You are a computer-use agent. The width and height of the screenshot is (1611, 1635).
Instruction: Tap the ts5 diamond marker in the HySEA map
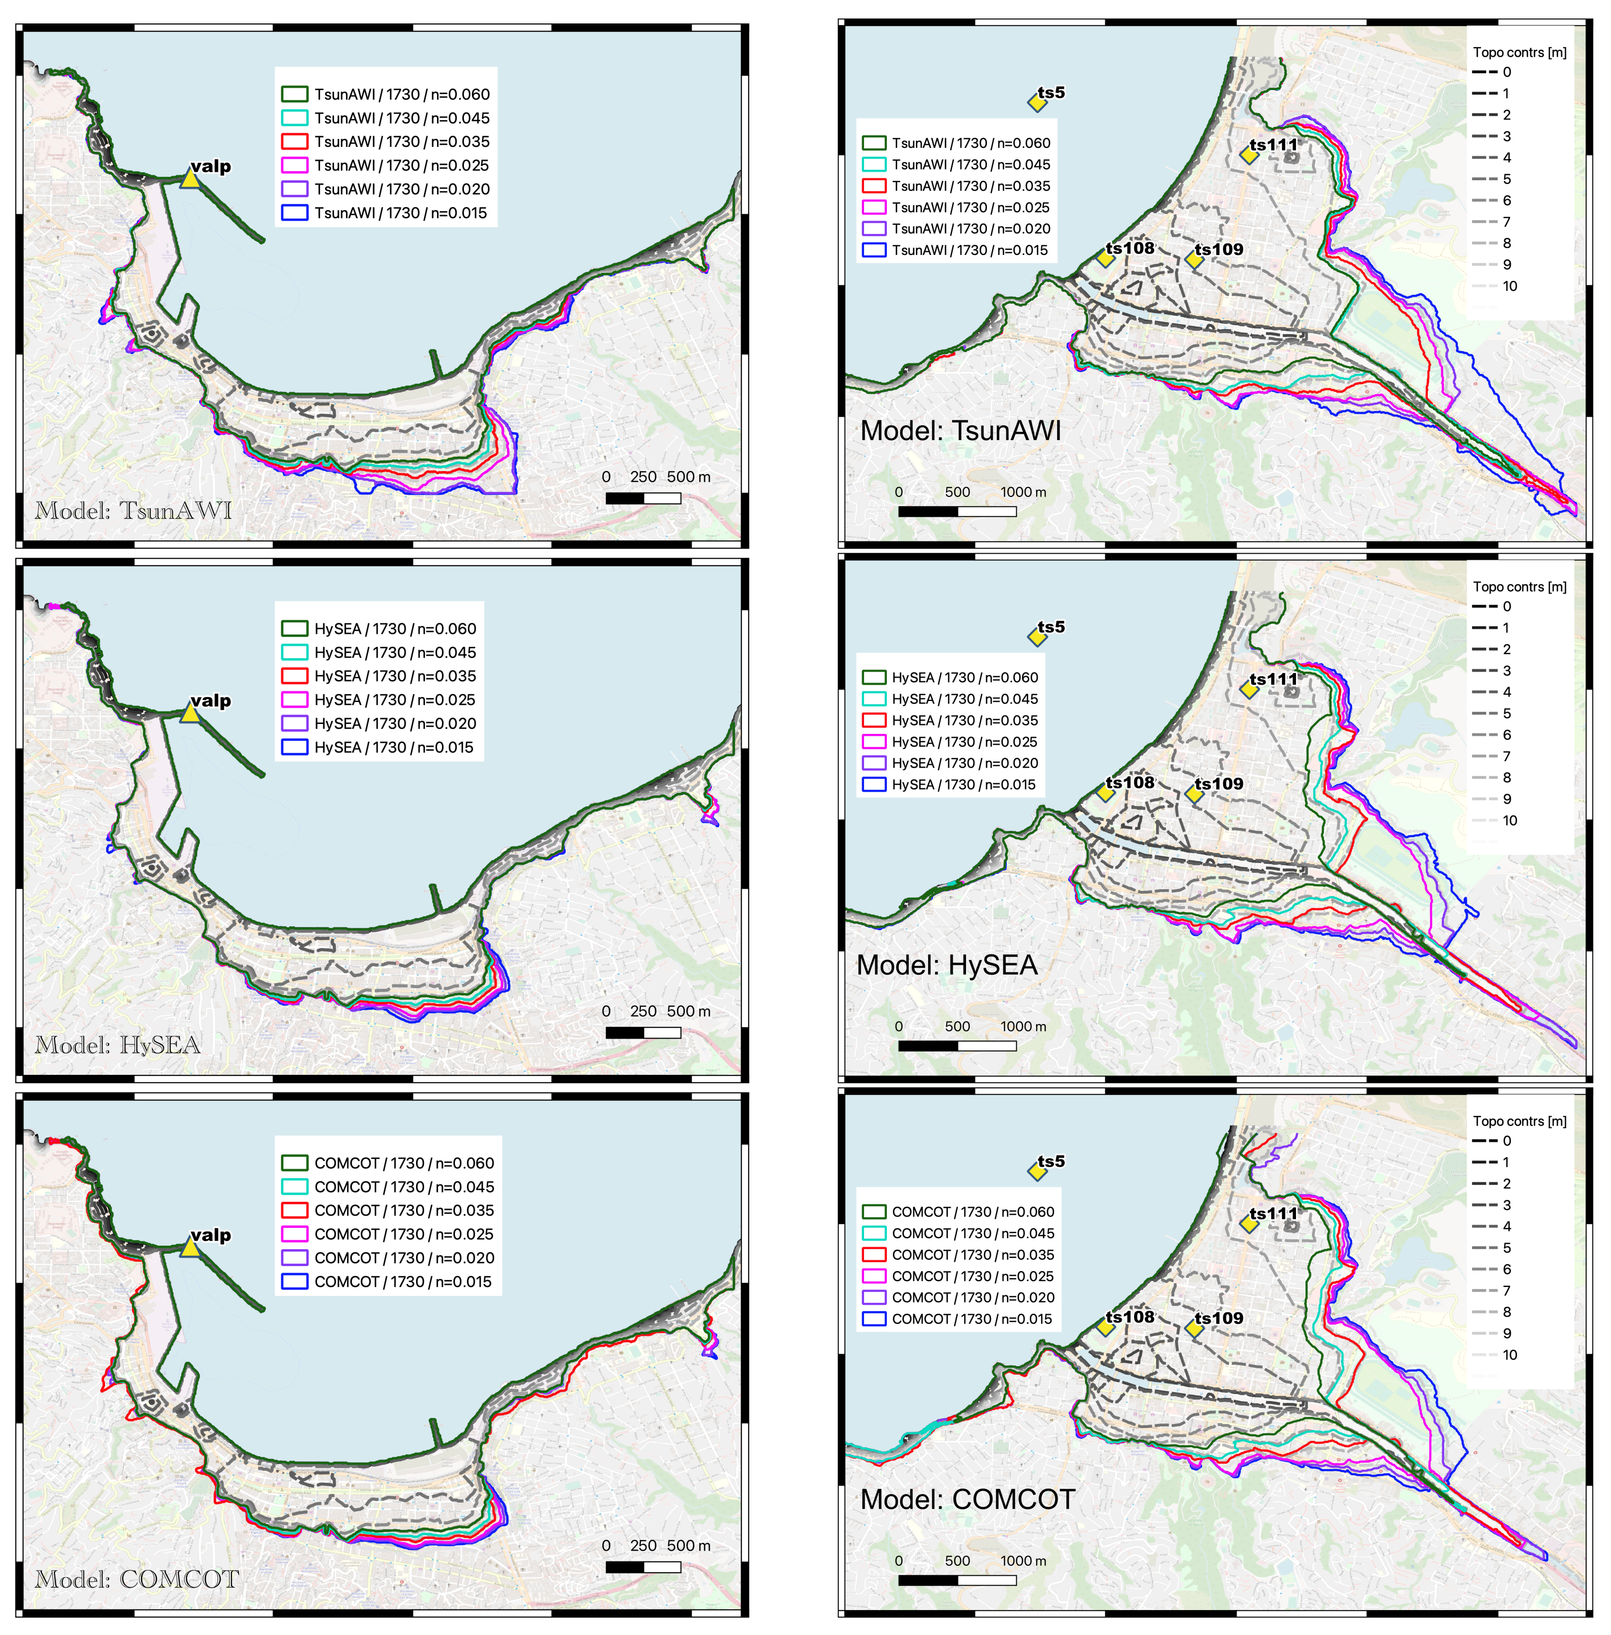[x=1037, y=636]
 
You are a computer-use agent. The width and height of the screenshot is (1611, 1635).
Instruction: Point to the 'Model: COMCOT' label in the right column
[x=967, y=1500]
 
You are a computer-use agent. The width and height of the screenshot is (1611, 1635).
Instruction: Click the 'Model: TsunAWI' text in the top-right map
[x=961, y=431]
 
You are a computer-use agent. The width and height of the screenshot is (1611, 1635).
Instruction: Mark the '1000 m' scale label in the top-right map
[x=1023, y=492]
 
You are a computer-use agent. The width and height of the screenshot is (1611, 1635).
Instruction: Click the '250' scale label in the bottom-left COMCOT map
[x=643, y=1545]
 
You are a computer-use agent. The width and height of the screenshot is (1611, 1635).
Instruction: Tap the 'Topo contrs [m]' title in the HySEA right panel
[x=1519, y=586]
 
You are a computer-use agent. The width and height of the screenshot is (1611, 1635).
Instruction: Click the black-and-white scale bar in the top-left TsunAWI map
[x=643, y=498]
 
